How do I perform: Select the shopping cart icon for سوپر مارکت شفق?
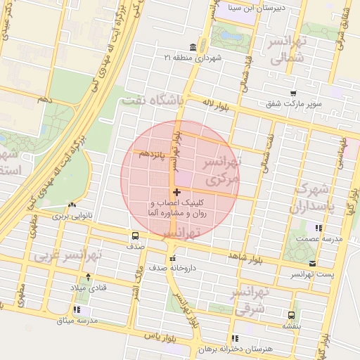click(293, 93)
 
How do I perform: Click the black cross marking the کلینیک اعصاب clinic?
click(176, 192)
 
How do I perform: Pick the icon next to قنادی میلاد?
click(88, 276)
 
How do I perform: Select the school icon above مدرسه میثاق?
click(77, 309)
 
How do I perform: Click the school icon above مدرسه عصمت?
click(319, 228)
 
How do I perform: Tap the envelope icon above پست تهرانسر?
click(312, 263)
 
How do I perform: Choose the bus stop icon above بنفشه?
click(291, 315)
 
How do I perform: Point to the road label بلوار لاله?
click(217, 103)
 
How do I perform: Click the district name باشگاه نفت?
click(152, 101)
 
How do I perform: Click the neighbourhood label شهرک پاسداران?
click(314, 198)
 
